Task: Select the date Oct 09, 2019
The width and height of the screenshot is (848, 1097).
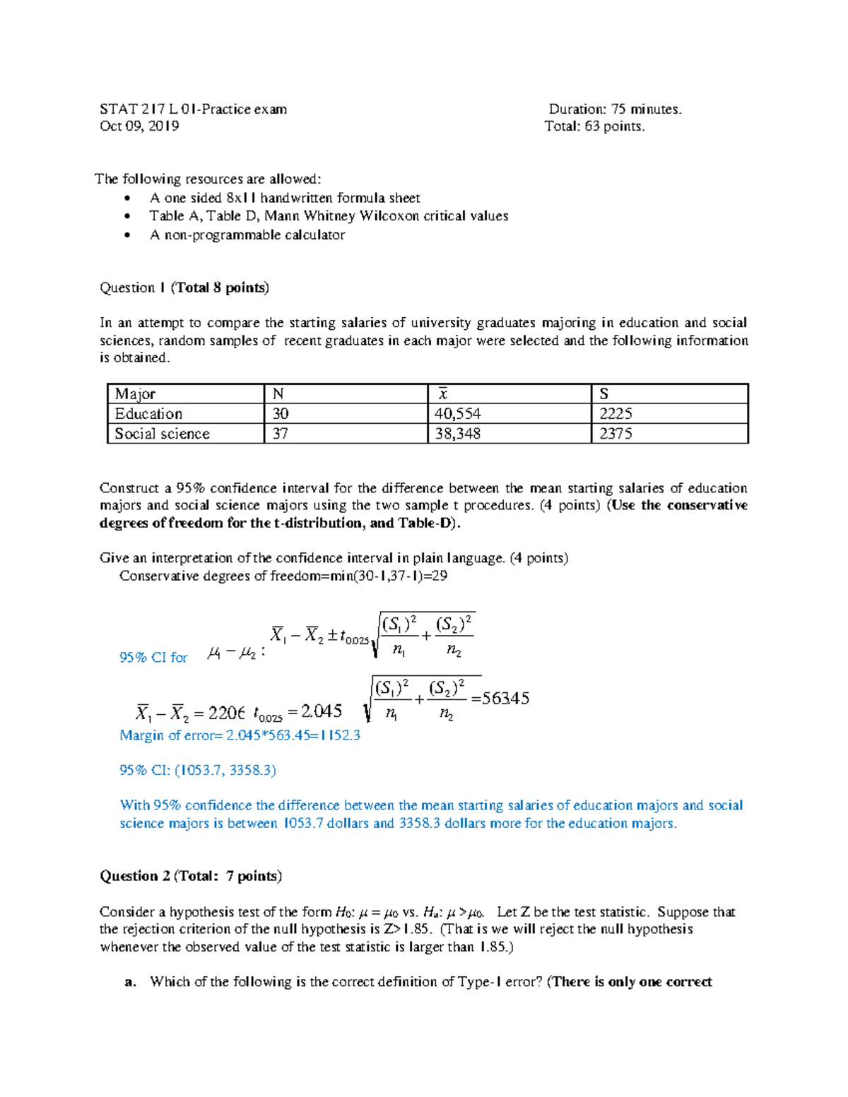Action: pos(139,126)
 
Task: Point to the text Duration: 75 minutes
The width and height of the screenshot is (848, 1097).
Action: pos(615,109)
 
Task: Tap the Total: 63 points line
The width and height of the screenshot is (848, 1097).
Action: pos(594,126)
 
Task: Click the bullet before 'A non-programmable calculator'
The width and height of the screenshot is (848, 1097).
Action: pos(127,235)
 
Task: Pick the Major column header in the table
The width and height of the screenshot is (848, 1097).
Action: pos(135,394)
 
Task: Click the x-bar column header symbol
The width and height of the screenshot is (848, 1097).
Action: pos(443,394)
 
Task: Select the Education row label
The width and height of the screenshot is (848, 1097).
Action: pos(148,414)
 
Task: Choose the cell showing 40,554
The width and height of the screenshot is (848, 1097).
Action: pos(457,414)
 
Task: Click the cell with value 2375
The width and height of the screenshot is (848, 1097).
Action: pos(616,434)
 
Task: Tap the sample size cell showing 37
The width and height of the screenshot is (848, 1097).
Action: pos(280,434)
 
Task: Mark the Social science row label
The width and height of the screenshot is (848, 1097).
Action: pos(162,434)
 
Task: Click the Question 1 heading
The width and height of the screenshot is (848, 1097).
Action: pos(184,287)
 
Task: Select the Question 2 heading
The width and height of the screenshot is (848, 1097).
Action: pos(190,876)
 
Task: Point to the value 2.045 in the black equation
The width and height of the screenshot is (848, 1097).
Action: pos(322,711)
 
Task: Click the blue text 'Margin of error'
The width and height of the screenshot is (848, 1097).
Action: pos(167,735)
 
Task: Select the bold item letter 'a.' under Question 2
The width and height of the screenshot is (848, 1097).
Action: pos(129,982)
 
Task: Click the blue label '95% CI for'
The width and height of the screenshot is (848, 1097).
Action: pos(153,658)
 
